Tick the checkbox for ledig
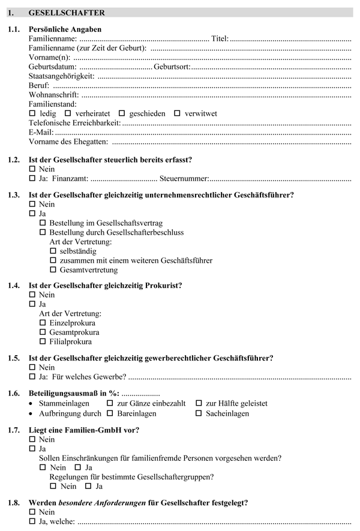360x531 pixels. [32, 113]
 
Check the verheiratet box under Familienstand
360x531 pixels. [68, 113]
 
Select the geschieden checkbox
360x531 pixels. [122, 113]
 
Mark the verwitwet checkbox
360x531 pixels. [177, 113]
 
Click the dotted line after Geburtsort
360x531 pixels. [270, 67]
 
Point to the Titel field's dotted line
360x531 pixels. [290, 38]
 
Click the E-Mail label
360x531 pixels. [41, 132]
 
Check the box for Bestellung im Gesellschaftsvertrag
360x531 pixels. [43, 223]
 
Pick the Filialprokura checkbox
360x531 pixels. [43, 342]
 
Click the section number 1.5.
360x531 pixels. [14, 358]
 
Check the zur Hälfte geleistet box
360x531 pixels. [199, 404]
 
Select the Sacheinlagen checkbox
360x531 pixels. [199, 413]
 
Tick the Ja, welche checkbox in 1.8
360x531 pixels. [32, 521]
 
